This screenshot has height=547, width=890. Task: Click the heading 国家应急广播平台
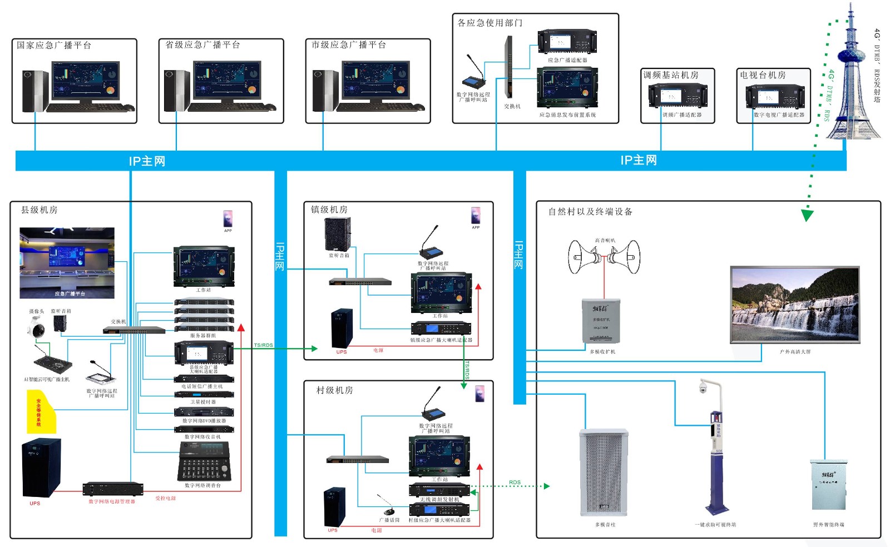point(54,45)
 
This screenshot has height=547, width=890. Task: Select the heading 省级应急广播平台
point(203,44)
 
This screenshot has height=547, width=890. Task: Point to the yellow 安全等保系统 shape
point(41,412)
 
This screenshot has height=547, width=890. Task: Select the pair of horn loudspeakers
point(604,257)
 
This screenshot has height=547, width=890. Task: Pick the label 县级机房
point(39,210)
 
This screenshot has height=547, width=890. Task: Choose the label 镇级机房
point(329,209)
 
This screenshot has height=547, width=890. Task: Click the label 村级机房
point(334,390)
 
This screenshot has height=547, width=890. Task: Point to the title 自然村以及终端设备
point(590,211)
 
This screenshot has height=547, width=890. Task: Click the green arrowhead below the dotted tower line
point(807,215)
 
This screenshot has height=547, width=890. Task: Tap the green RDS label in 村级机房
point(515,483)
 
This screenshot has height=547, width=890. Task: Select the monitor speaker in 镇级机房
point(338,234)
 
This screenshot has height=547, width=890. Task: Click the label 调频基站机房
point(671,74)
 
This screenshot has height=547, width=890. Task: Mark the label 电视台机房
point(763,74)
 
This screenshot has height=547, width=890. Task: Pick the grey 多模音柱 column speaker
point(604,473)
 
